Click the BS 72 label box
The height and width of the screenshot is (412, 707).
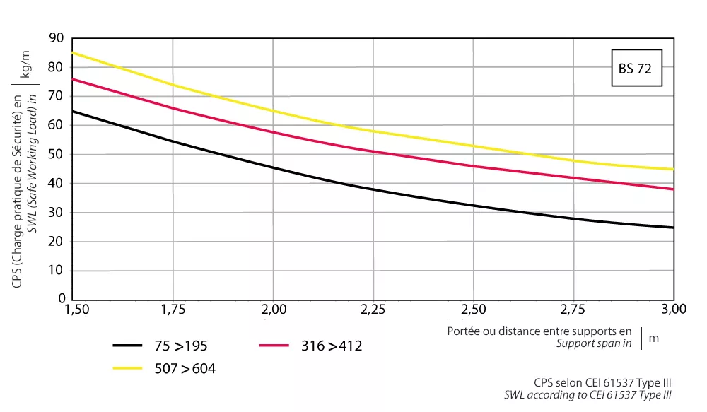tap(636, 69)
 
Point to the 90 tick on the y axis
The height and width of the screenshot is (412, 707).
tap(57, 37)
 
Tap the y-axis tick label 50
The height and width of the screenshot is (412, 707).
tap(57, 154)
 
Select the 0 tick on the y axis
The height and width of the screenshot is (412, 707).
tap(61, 299)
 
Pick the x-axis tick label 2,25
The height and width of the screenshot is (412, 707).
tap(373, 310)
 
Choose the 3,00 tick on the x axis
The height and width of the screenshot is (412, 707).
tap(673, 310)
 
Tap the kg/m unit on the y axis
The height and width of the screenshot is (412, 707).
tap(26, 61)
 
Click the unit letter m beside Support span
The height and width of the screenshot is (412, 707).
tap(653, 338)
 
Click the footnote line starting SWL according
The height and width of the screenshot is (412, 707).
tap(587, 395)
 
